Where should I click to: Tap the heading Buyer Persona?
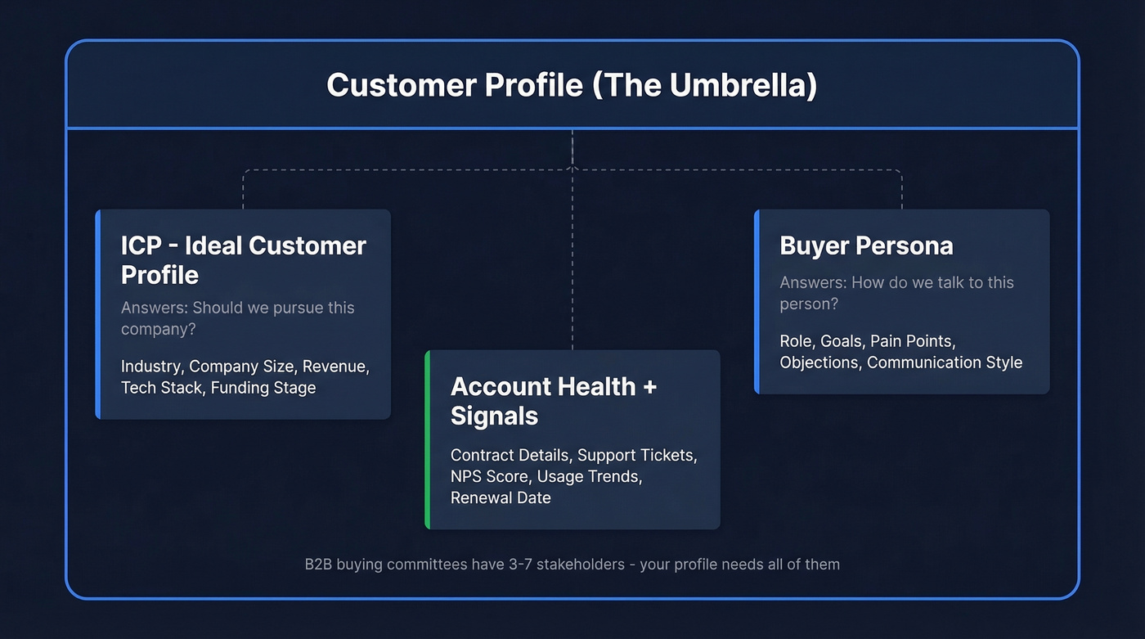(x=866, y=245)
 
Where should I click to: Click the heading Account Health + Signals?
(x=554, y=400)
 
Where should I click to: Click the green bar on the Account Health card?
(x=427, y=439)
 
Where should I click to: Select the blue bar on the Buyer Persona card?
(x=757, y=302)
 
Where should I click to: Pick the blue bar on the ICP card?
(x=97, y=314)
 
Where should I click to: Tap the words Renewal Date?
(x=501, y=497)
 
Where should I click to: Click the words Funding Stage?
(x=263, y=388)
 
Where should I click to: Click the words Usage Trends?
(x=588, y=476)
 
